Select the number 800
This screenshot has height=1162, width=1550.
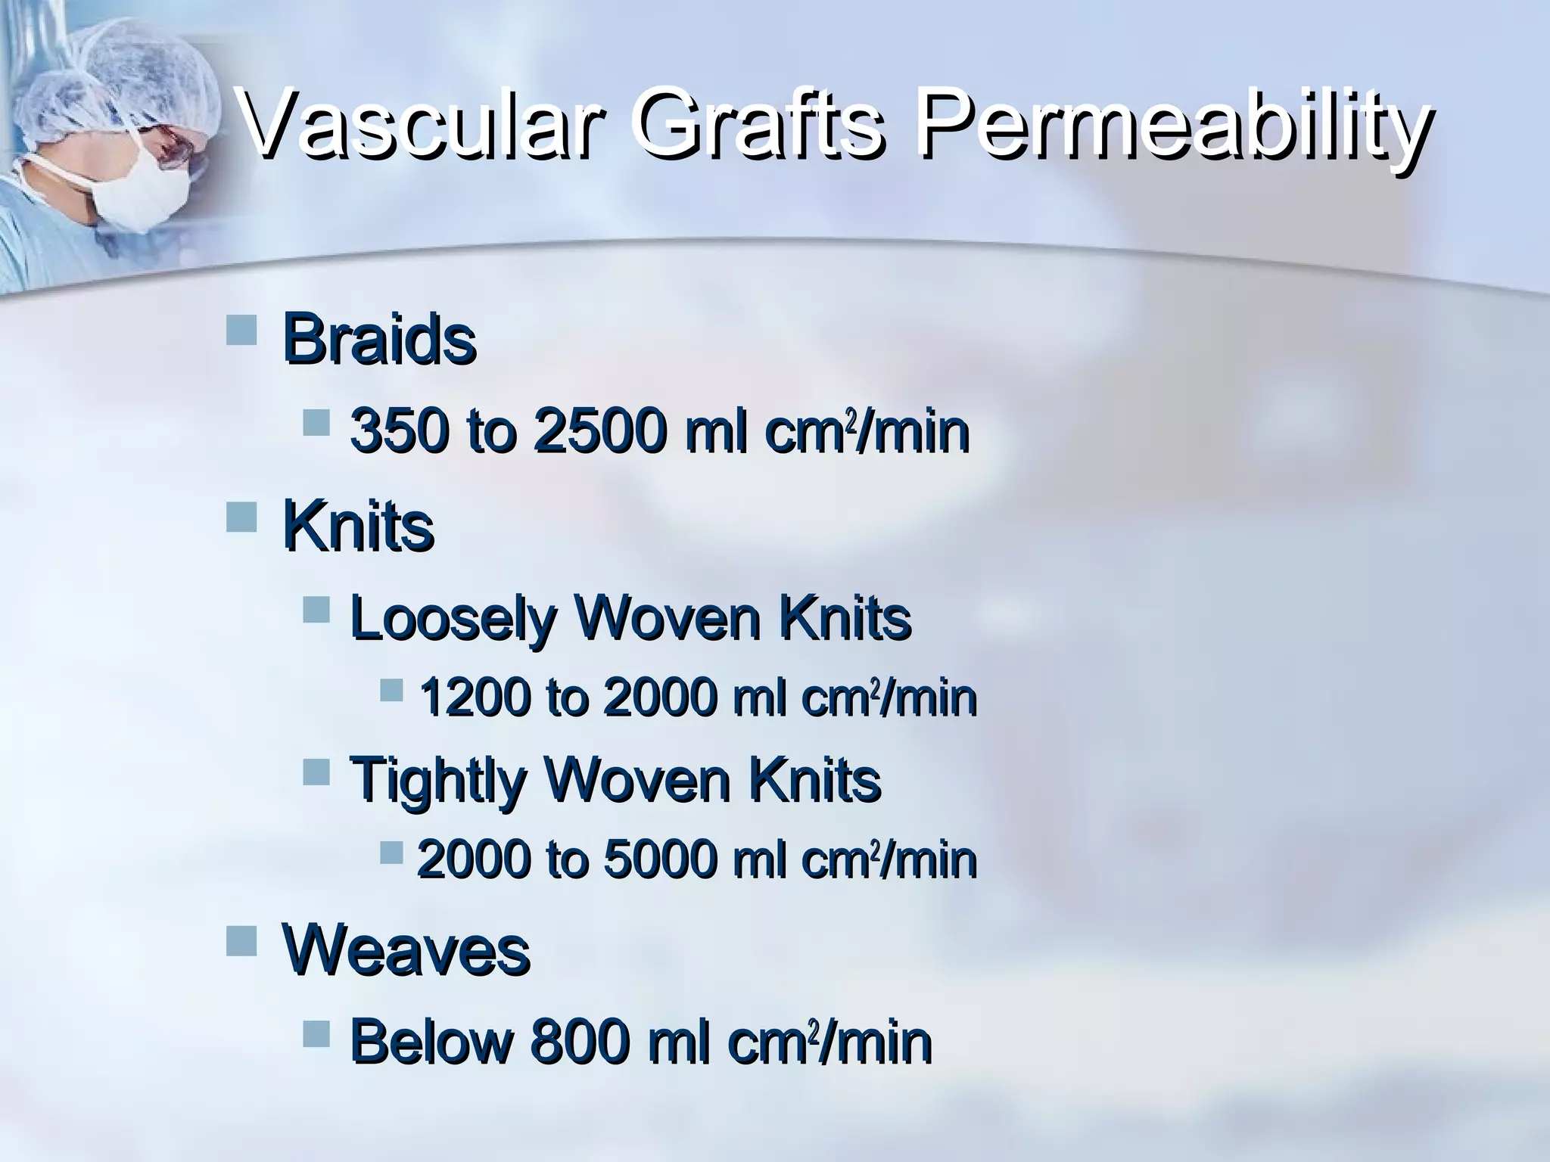tap(580, 1042)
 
